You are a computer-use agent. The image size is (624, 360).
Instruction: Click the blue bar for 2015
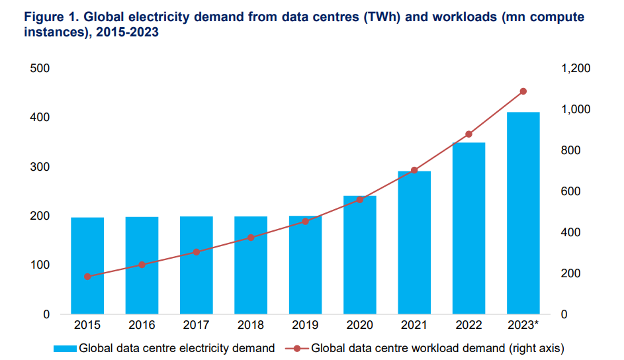(x=87, y=265)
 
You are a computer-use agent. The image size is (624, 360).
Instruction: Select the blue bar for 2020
(x=359, y=255)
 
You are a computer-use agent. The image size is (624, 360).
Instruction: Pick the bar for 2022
(x=468, y=228)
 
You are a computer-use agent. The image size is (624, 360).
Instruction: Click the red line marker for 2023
(x=523, y=91)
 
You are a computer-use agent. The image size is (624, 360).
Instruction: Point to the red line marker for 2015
(x=87, y=277)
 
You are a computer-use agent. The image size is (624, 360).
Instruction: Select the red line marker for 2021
(x=414, y=171)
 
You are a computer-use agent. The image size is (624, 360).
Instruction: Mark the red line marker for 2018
(x=251, y=238)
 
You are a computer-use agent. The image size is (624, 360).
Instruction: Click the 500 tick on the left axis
(x=40, y=68)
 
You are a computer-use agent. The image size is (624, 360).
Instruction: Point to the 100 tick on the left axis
(x=40, y=265)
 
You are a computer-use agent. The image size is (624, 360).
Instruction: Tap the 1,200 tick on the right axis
(x=576, y=68)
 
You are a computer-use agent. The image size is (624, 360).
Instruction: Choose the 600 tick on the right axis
(x=572, y=191)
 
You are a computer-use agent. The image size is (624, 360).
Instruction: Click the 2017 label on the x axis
(x=196, y=325)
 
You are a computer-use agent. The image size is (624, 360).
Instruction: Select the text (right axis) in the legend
(x=535, y=347)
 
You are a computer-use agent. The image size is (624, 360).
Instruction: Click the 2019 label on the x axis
(x=305, y=325)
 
